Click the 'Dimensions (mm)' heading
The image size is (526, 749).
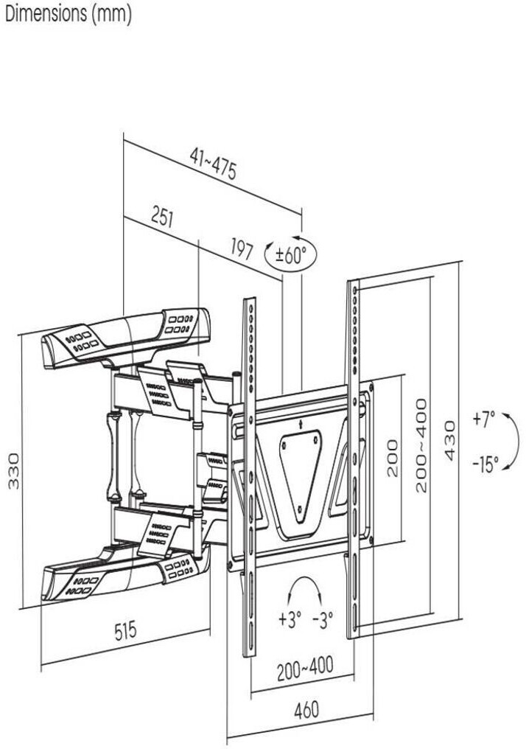pyautogui.click(x=69, y=13)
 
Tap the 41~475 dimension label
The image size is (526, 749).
pyautogui.click(x=214, y=164)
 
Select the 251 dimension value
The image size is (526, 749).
pyautogui.click(x=162, y=217)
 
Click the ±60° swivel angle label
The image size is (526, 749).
pyautogui.click(x=290, y=254)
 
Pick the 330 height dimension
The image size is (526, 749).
pyautogui.click(x=14, y=470)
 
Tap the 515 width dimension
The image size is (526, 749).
pyautogui.click(x=125, y=630)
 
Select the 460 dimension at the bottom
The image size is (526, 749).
pyautogui.click(x=306, y=711)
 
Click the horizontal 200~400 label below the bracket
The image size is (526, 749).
pyautogui.click(x=305, y=667)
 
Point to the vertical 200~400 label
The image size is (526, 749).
pyautogui.click(x=421, y=446)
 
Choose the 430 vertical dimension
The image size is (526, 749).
pyautogui.click(x=449, y=440)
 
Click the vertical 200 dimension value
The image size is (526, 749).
pyautogui.click(x=393, y=458)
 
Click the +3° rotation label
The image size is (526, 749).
pyautogui.click(x=290, y=620)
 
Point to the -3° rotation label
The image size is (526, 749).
pyautogui.click(x=323, y=621)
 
